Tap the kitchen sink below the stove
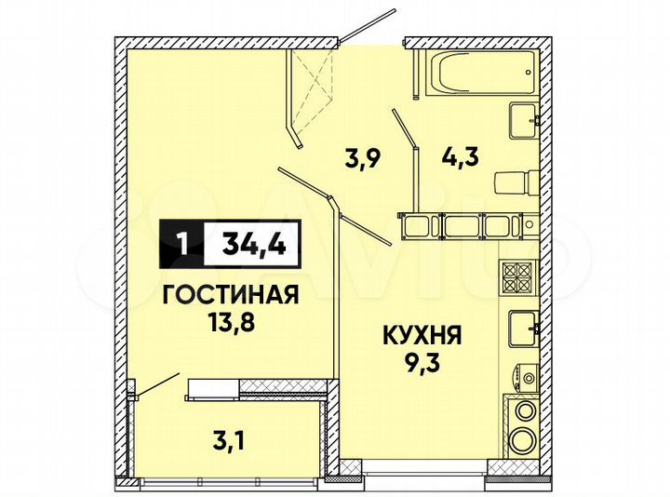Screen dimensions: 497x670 521,327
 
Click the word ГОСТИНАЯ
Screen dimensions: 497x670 230,297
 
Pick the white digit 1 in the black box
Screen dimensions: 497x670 182,245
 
